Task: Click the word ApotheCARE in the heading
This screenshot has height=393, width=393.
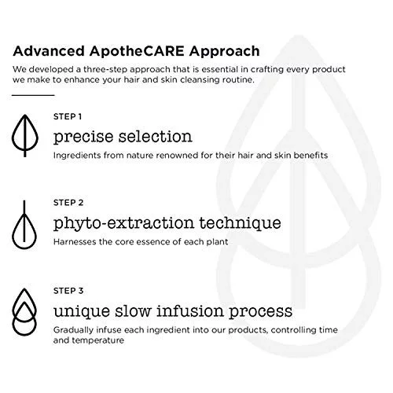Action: (x=137, y=51)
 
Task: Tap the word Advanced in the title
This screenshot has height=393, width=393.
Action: (x=49, y=51)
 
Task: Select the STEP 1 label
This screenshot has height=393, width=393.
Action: (x=68, y=116)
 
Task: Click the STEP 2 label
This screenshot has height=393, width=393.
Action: (x=68, y=203)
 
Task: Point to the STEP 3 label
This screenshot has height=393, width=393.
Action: (x=68, y=291)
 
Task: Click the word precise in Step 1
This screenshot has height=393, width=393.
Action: (x=83, y=138)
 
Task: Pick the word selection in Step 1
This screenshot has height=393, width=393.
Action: (x=156, y=136)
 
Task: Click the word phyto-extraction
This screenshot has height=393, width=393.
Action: (x=123, y=223)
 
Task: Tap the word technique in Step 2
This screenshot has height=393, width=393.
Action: (x=241, y=223)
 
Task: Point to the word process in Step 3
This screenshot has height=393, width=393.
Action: (x=261, y=312)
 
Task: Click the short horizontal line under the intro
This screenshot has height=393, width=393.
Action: (x=33, y=95)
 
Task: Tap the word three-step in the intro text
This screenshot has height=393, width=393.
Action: (x=105, y=70)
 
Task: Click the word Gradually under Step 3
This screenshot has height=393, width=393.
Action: (x=73, y=330)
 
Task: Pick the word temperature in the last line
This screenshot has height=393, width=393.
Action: (x=97, y=340)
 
